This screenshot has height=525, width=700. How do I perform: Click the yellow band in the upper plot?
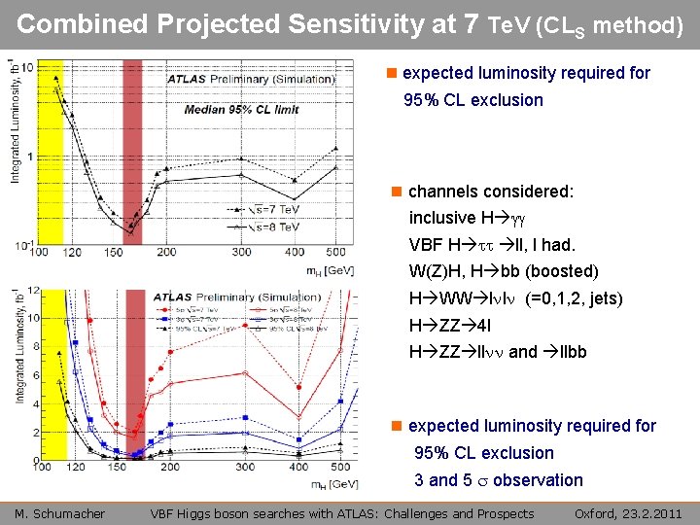point(51,146)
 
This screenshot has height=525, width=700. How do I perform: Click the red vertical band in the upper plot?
point(134,146)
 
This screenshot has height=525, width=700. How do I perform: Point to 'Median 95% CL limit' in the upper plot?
point(242,109)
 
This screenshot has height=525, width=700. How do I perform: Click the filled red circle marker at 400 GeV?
point(297,389)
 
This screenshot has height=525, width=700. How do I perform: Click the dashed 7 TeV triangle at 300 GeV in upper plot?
point(241,158)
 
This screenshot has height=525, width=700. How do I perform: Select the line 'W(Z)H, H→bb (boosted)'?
point(503,271)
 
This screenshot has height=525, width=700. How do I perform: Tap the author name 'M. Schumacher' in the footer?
point(60,513)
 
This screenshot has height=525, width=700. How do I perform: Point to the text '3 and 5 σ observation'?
point(498,479)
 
